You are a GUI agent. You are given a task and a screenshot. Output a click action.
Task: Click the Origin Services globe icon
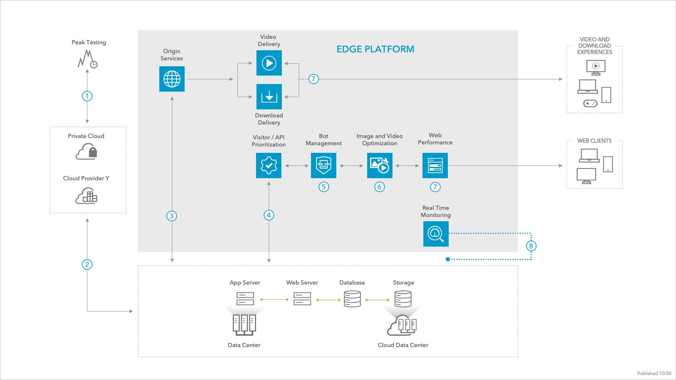click(172, 79)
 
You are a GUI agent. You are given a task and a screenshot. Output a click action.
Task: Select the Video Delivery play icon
click(269, 63)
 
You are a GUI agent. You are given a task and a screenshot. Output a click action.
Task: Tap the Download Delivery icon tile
click(269, 97)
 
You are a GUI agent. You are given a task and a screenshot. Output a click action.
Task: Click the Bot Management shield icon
click(324, 165)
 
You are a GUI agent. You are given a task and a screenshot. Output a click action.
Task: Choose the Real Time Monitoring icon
click(436, 233)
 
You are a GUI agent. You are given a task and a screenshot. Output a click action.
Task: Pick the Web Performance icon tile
click(435, 165)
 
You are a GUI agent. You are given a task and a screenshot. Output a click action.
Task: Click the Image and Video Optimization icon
click(379, 165)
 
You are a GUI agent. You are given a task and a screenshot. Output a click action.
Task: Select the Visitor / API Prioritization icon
click(269, 165)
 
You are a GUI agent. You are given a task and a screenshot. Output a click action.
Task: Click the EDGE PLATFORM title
click(375, 49)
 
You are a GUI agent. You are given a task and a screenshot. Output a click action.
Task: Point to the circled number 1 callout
click(87, 96)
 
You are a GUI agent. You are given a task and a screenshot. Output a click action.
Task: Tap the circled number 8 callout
click(531, 246)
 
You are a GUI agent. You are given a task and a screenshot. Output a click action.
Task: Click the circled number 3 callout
click(172, 216)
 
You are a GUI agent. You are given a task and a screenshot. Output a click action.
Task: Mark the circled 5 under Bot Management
click(324, 187)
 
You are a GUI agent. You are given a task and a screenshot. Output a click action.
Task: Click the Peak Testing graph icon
click(87, 59)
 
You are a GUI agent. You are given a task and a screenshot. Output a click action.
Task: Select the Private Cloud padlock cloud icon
click(87, 151)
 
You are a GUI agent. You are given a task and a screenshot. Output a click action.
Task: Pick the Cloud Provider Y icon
click(86, 196)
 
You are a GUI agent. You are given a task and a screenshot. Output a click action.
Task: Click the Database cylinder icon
click(352, 299)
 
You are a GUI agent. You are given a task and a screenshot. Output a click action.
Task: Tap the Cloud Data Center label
click(403, 345)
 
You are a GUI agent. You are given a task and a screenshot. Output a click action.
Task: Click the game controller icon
click(590, 103)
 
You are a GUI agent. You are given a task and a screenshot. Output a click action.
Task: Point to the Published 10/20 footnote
click(654, 373)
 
